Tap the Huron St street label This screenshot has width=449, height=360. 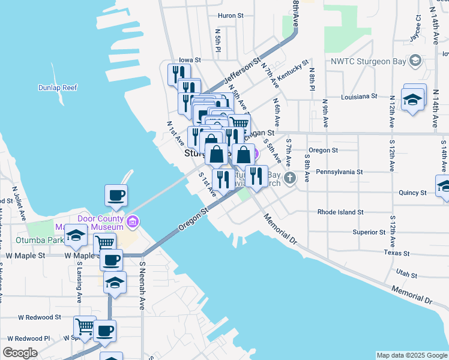231,16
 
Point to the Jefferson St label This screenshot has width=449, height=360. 242,71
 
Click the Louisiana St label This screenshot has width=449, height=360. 358,96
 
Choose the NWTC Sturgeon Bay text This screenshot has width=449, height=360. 367,61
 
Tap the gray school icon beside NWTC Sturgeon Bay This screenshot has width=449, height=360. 414,61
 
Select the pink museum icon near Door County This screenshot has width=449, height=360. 133,223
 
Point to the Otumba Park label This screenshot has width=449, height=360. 45,239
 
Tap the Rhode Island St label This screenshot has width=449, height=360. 340,212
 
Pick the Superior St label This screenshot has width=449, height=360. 369,232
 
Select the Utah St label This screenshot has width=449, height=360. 406,274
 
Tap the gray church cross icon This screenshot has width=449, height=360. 291,177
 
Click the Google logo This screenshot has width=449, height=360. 20,352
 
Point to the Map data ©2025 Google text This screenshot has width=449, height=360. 411,355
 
